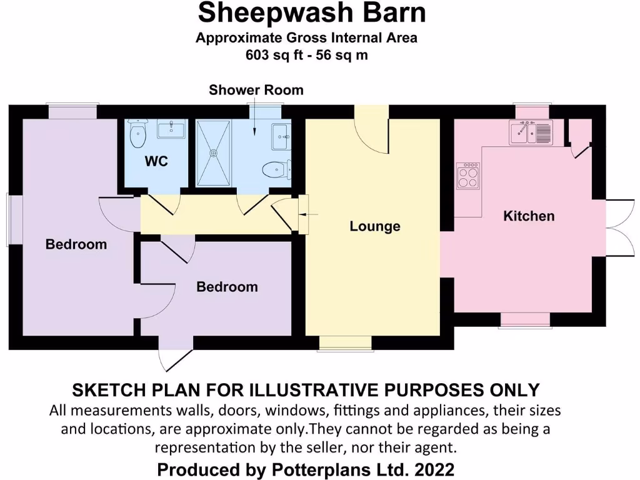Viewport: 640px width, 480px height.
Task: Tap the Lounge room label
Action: tap(374, 226)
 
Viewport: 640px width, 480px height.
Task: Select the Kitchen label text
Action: tap(529, 216)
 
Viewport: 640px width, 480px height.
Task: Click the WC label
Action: tap(156, 161)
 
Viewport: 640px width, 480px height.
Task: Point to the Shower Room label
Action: tap(256, 90)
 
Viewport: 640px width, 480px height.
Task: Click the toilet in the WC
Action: tap(137, 133)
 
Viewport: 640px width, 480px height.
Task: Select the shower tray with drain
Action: tap(214, 152)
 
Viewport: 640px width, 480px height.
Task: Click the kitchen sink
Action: tap(531, 133)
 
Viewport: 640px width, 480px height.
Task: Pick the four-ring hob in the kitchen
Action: tap(468, 176)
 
